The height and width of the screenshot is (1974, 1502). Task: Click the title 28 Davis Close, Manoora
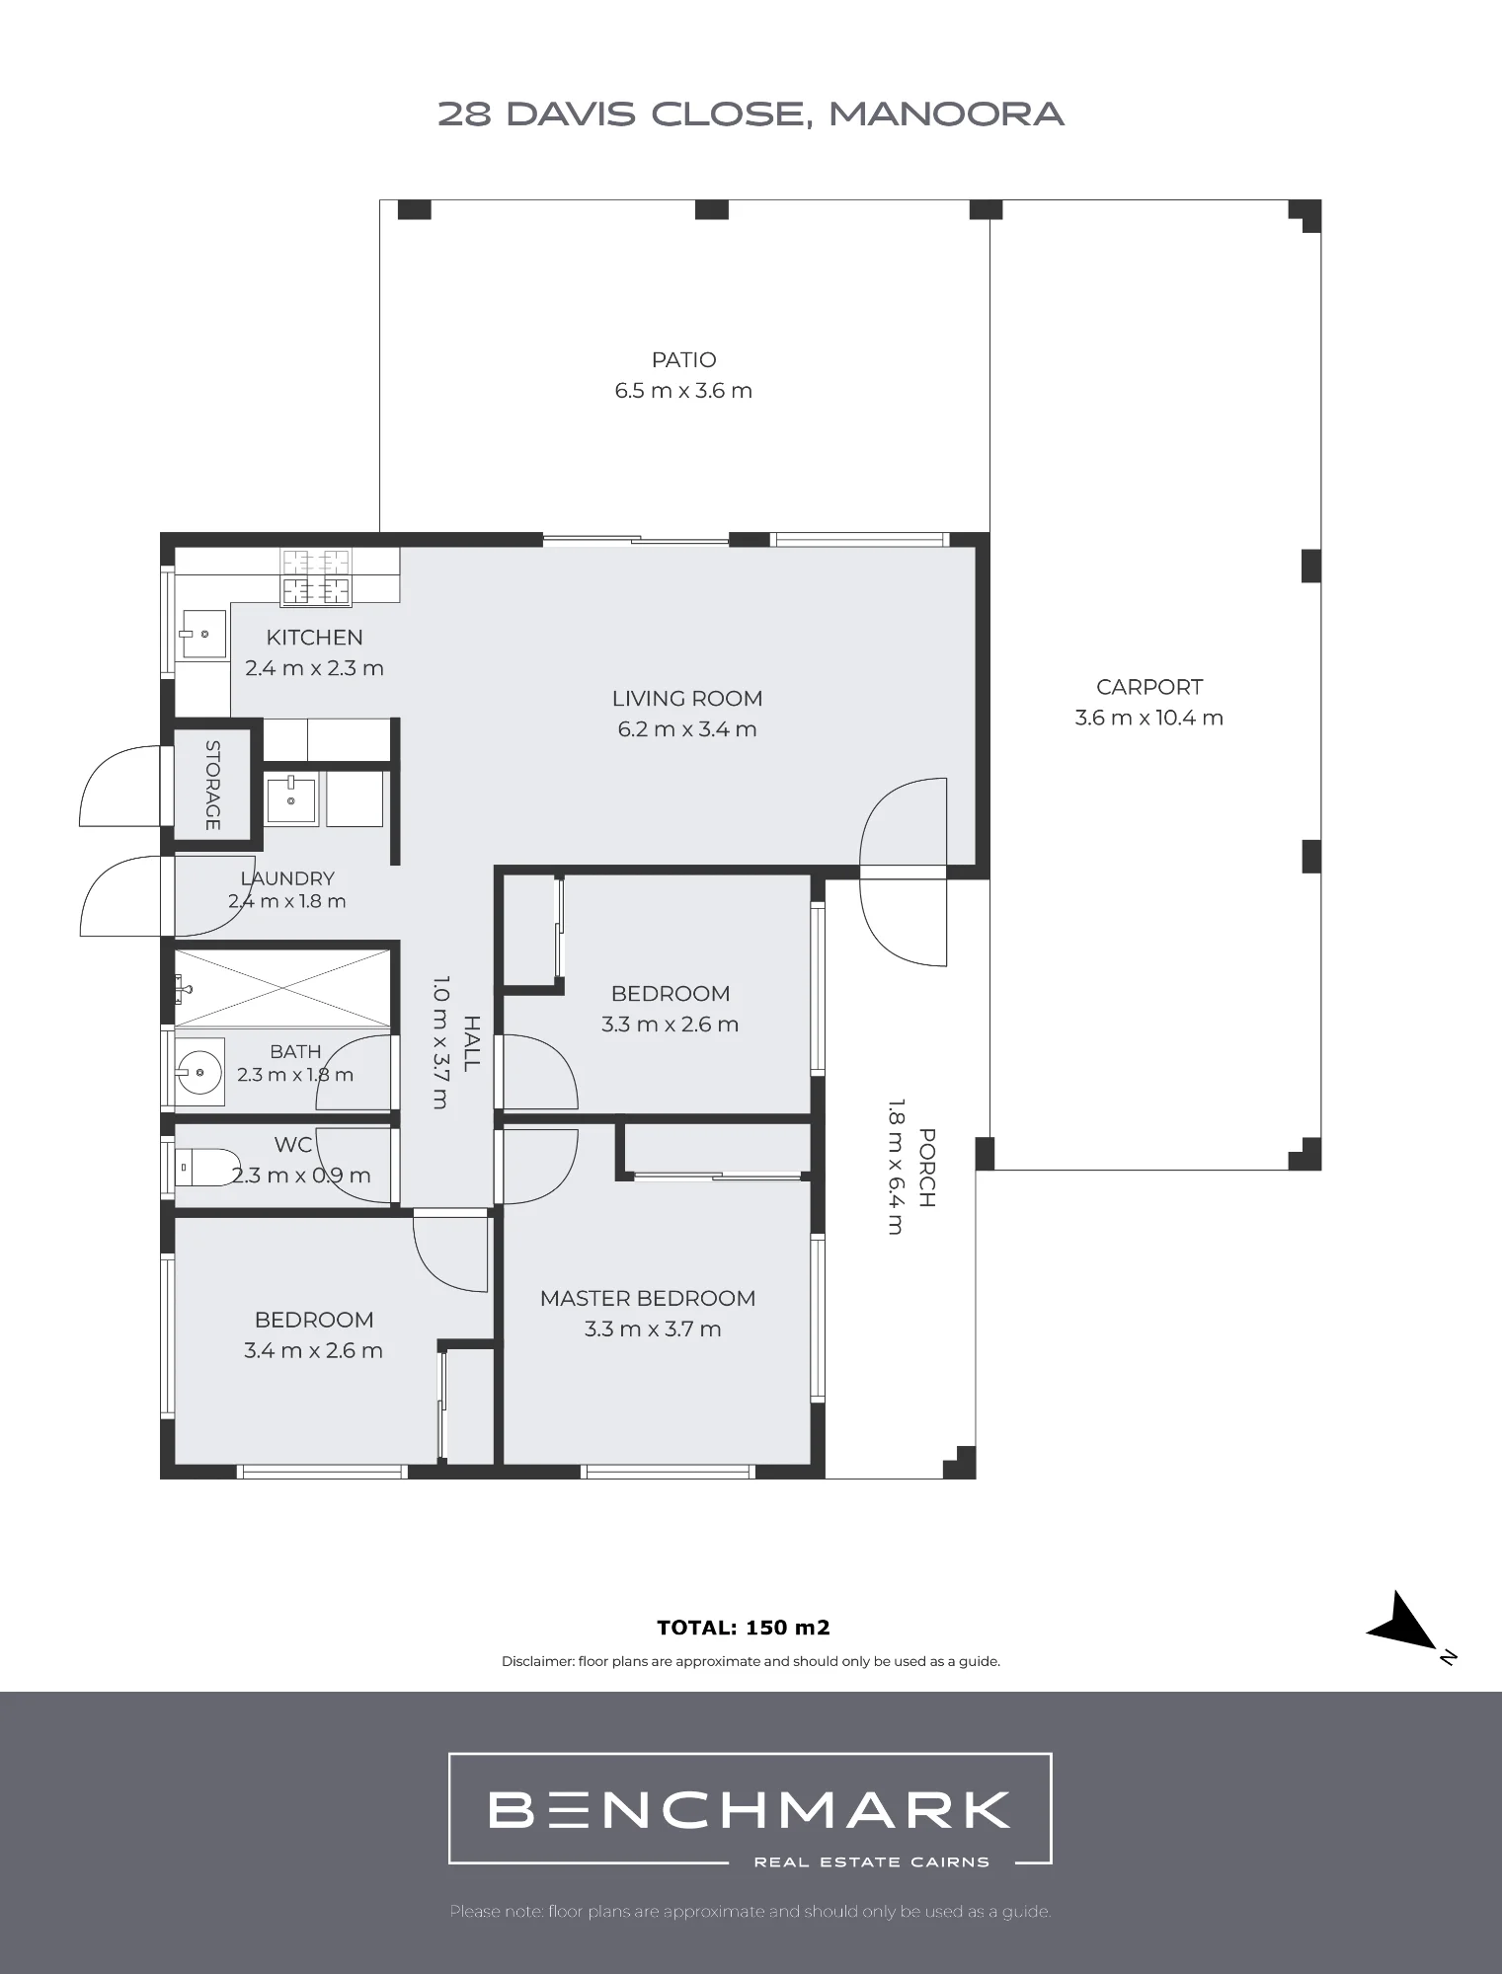click(x=751, y=114)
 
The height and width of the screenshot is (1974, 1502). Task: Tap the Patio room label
click(x=683, y=360)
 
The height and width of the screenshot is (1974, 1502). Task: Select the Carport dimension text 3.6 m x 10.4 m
click(x=1148, y=718)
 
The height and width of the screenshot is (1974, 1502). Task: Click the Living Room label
click(x=687, y=699)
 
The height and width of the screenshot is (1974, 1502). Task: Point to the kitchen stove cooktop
click(x=317, y=576)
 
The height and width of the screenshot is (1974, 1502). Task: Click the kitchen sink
click(x=202, y=634)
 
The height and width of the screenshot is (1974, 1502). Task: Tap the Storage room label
click(x=213, y=785)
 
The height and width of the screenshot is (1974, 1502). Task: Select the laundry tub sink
click(x=291, y=799)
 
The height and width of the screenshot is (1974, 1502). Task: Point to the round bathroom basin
click(x=200, y=1069)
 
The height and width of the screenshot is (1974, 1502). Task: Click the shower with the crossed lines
click(x=283, y=987)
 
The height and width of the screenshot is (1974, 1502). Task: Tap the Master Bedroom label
click(x=648, y=1299)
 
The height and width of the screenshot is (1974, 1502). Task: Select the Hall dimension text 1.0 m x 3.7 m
click(x=440, y=1042)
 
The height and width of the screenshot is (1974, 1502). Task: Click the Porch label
click(x=927, y=1169)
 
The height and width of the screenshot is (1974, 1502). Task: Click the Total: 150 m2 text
click(x=744, y=1628)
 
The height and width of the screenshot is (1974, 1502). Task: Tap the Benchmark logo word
click(x=750, y=1809)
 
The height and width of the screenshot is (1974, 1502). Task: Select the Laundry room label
click(x=287, y=878)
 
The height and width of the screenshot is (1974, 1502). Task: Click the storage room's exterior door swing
click(x=119, y=786)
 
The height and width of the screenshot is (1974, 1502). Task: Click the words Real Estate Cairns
click(x=872, y=1862)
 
